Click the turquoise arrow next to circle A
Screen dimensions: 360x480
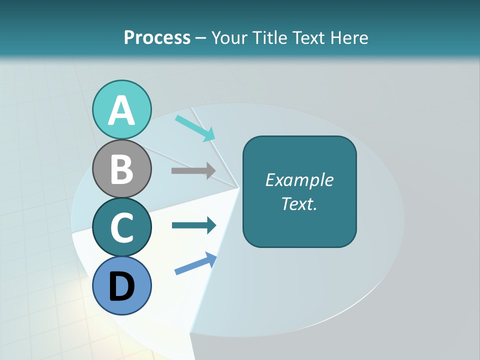(x=195, y=128)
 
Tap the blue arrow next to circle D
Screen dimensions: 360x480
(x=195, y=263)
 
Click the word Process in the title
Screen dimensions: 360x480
(x=157, y=37)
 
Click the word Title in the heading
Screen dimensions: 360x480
(x=270, y=37)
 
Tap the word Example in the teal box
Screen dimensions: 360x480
(x=299, y=180)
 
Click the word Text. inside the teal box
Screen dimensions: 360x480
(x=299, y=203)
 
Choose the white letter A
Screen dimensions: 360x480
(x=122, y=110)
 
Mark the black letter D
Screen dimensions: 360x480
(x=122, y=287)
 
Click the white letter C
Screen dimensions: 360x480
(x=122, y=227)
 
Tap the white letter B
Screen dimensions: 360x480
(x=122, y=169)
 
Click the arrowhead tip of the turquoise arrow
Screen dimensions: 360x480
(x=214, y=139)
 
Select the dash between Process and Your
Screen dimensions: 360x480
(x=201, y=38)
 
